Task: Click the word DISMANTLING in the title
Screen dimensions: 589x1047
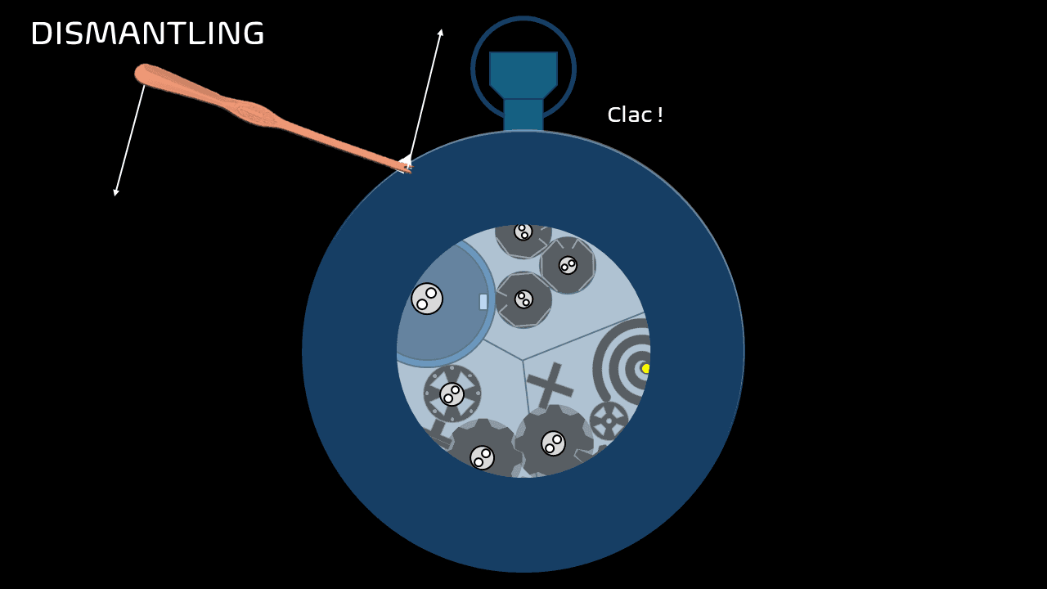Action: click(147, 34)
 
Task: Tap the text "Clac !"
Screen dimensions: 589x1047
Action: click(635, 115)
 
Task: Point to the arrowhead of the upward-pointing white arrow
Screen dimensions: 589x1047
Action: click(441, 33)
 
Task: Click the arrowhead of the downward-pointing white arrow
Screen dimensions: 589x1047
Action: click(116, 192)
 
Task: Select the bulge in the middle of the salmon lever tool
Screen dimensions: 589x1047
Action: click(254, 114)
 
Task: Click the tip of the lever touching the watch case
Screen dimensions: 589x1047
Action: click(407, 168)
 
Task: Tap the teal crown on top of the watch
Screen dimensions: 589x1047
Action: click(523, 74)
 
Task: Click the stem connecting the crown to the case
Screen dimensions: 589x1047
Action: click(523, 115)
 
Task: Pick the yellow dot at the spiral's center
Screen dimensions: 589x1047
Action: click(645, 368)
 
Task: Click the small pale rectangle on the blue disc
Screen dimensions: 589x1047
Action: click(483, 302)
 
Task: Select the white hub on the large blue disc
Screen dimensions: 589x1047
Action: click(427, 299)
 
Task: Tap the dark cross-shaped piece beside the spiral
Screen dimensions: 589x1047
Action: click(550, 385)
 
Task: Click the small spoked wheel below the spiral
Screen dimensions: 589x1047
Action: click(609, 420)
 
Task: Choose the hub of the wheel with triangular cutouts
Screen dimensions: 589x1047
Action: click(452, 394)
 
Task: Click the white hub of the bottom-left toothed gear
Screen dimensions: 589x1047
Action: click(482, 457)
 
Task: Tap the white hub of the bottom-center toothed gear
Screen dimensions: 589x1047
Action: click(553, 443)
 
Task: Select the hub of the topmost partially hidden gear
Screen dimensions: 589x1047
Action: click(523, 232)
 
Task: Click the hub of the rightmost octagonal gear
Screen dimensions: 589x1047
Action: click(568, 265)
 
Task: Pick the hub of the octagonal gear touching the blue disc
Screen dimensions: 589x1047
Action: click(523, 299)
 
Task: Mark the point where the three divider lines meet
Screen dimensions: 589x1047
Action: click(523, 360)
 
